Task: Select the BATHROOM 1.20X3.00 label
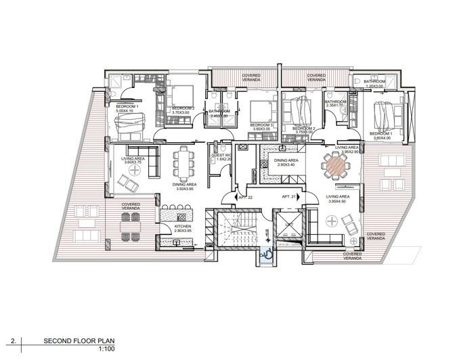[x=374, y=84]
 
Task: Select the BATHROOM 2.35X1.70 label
[x=336, y=104]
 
